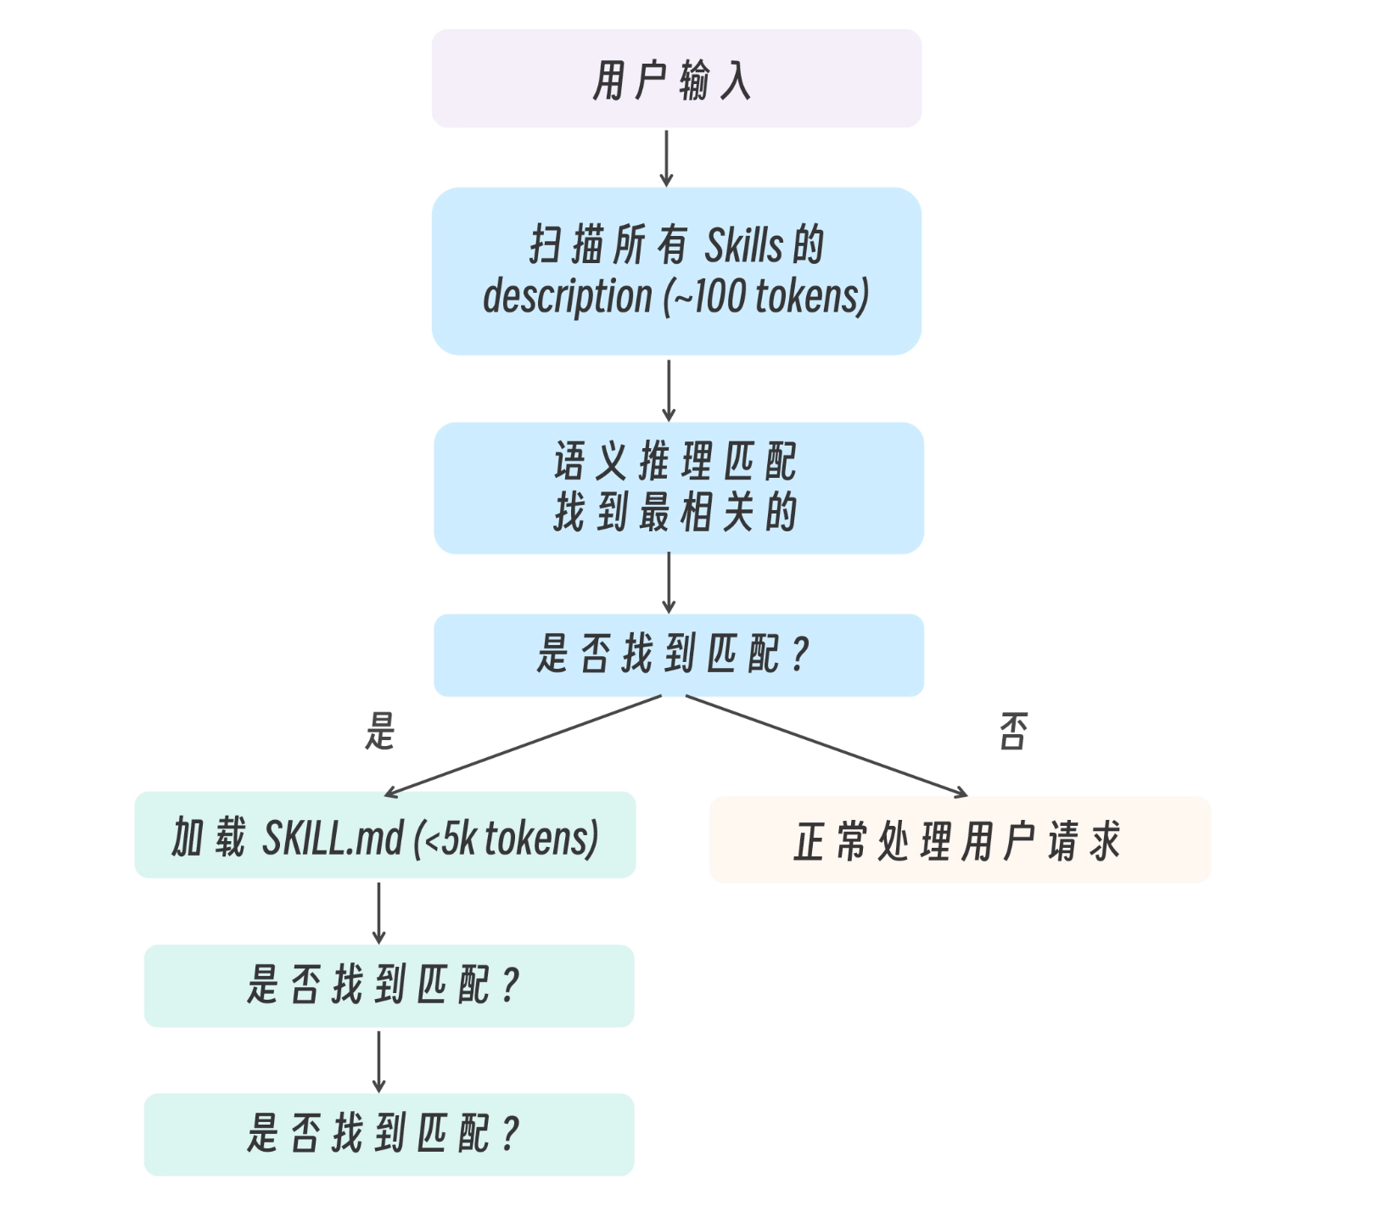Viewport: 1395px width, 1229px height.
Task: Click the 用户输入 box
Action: tap(676, 79)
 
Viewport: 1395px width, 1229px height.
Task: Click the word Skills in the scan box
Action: tap(743, 246)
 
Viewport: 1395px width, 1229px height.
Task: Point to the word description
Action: tap(567, 297)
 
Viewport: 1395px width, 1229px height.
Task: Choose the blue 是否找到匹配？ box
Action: tap(678, 655)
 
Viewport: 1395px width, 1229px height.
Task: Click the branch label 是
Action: tap(380, 732)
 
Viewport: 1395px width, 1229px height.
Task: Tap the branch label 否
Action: tap(1013, 732)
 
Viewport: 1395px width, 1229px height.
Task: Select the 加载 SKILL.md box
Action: tap(385, 836)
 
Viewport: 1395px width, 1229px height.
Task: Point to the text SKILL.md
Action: tap(333, 839)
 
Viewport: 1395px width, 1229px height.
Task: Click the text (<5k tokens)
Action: tap(507, 839)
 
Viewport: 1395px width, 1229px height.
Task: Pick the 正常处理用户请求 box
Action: tap(959, 840)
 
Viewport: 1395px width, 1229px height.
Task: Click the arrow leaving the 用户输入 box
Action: tap(667, 158)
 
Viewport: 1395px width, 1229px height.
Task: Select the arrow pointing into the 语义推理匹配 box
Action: tap(669, 390)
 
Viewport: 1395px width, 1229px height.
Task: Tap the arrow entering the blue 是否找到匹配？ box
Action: tap(669, 583)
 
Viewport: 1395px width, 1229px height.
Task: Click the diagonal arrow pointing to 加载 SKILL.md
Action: tap(523, 746)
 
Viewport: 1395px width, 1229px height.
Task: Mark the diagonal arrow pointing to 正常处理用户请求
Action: tap(826, 746)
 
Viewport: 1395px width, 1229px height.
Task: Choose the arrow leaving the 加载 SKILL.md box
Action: tap(378, 912)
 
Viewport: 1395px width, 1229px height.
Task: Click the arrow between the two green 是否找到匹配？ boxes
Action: tap(378, 1061)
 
